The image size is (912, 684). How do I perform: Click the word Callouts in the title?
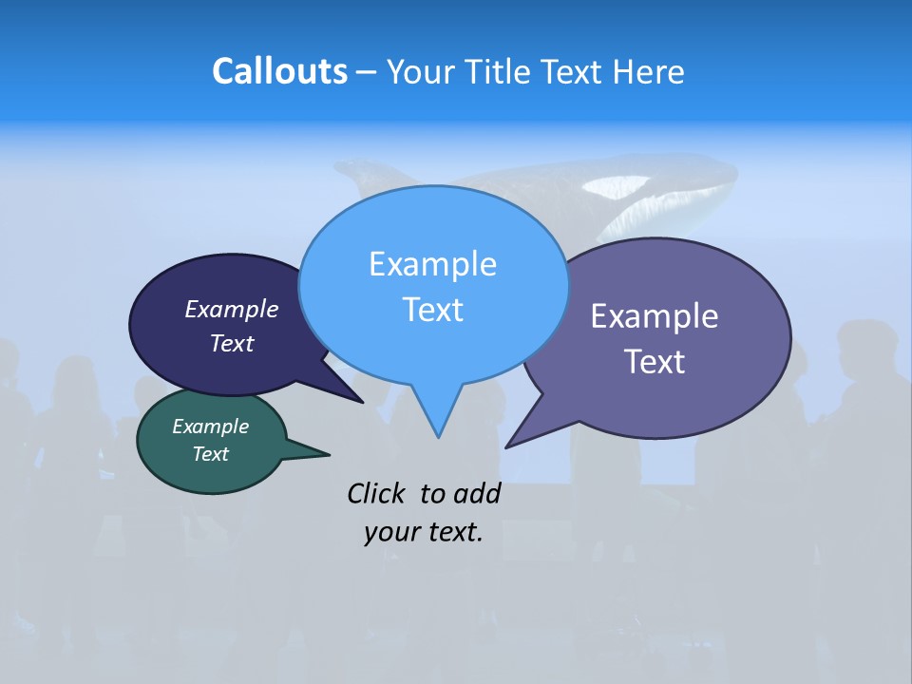tap(279, 71)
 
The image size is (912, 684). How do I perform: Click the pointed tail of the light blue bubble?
tap(437, 423)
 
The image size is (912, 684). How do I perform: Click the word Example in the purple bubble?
tap(654, 316)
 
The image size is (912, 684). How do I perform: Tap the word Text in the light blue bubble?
tap(432, 310)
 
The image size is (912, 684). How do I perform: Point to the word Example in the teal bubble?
tap(210, 427)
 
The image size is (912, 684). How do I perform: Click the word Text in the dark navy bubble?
tap(231, 343)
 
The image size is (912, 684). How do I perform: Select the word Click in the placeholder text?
tap(378, 493)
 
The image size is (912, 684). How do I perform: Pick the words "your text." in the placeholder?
tap(423, 532)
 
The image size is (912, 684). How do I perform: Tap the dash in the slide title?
tap(367, 72)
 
